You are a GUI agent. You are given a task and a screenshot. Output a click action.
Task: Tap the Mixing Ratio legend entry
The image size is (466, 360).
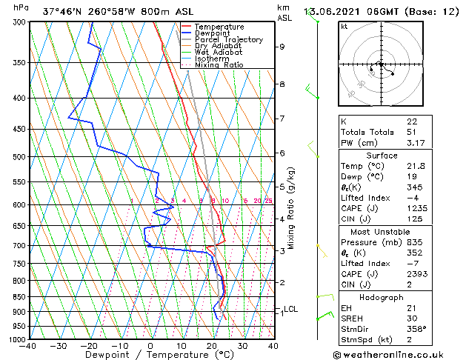[x=219, y=65]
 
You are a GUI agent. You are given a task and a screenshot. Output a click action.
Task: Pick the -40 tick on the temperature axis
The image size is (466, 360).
[x=28, y=346]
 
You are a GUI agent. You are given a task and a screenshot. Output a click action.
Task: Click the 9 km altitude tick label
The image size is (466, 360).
[x=282, y=47]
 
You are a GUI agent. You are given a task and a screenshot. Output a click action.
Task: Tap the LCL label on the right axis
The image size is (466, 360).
[x=291, y=309]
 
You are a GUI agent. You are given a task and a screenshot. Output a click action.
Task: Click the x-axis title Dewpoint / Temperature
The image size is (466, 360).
[x=151, y=355]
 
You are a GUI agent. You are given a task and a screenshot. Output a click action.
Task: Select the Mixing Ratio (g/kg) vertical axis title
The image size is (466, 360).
[x=292, y=207]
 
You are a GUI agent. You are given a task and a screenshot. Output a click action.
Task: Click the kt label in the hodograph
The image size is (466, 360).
[x=344, y=27]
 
